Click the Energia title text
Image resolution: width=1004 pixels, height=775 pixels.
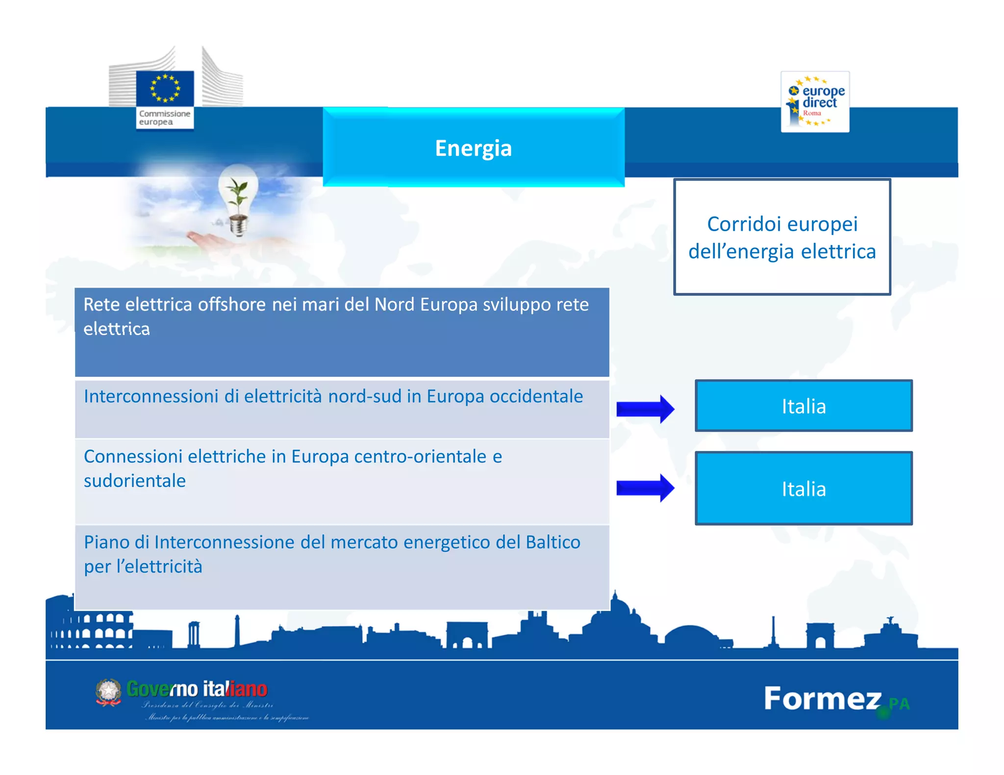(473, 148)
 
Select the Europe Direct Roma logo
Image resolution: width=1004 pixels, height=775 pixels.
(815, 102)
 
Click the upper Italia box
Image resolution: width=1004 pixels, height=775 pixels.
(803, 406)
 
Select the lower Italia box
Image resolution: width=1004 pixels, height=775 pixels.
(803, 488)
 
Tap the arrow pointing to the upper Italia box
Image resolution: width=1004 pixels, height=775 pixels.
(645, 409)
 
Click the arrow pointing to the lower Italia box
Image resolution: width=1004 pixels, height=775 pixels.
(645, 488)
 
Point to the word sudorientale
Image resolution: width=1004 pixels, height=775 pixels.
(135, 481)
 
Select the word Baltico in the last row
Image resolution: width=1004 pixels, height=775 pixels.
(553, 542)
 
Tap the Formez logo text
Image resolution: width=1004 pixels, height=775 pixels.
(822, 699)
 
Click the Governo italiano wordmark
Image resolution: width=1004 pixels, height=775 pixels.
(197, 689)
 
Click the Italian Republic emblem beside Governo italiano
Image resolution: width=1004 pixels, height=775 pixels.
(108, 692)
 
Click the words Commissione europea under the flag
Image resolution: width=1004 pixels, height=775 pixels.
(164, 118)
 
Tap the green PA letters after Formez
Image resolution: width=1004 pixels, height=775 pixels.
(899, 704)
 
